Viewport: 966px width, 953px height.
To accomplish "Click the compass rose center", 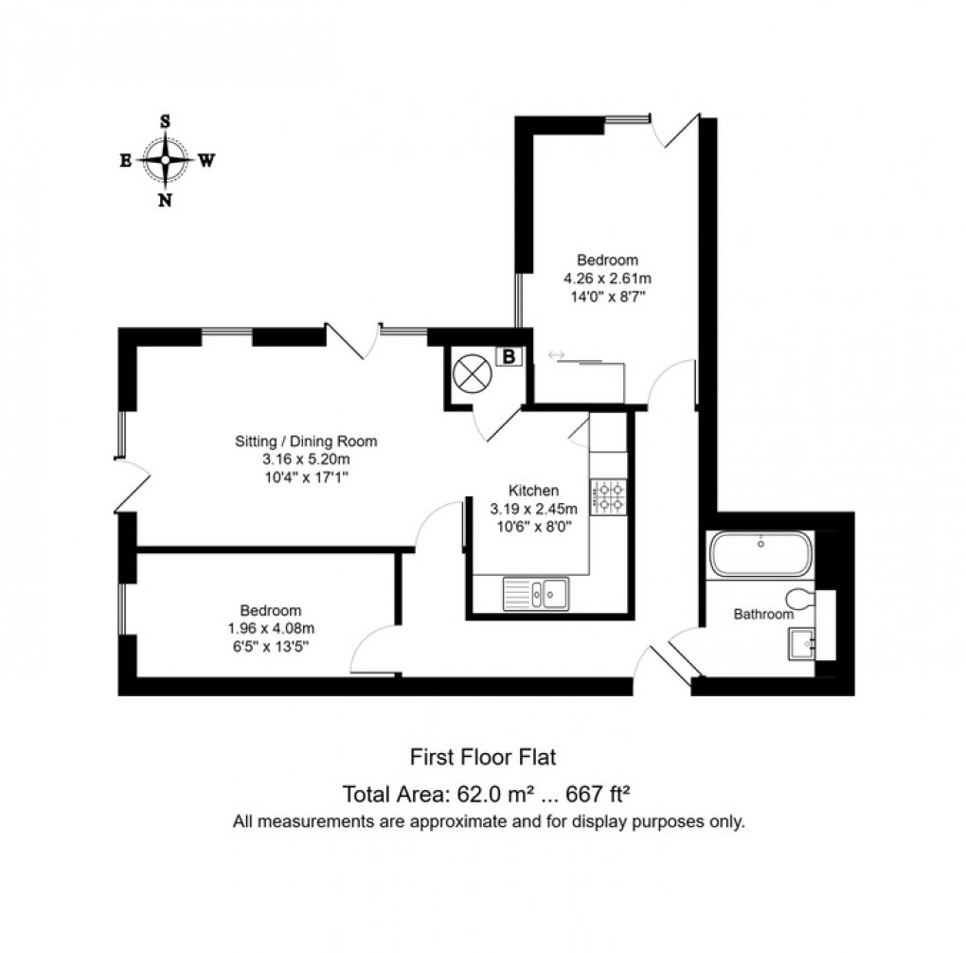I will click(x=166, y=160).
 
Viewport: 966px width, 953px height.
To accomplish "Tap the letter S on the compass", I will click(x=166, y=121).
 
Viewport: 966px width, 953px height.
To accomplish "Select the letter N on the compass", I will click(x=166, y=200).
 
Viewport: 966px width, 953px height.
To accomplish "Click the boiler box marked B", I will click(x=509, y=357).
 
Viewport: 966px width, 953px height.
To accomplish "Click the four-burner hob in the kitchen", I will click(x=608, y=496).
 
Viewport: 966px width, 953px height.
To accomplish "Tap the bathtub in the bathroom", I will click(x=760, y=553).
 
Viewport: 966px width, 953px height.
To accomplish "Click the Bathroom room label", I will click(x=763, y=614).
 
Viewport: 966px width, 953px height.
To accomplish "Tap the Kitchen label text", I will click(x=533, y=490).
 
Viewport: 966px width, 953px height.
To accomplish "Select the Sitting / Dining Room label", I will click(x=306, y=441).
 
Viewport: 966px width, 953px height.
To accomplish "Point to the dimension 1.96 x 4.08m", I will click(x=270, y=627).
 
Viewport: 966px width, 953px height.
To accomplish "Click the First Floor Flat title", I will click(x=481, y=757).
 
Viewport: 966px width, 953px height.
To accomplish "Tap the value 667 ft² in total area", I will click(x=605, y=794).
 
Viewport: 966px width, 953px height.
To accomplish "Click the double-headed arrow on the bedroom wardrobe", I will click(x=556, y=355).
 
